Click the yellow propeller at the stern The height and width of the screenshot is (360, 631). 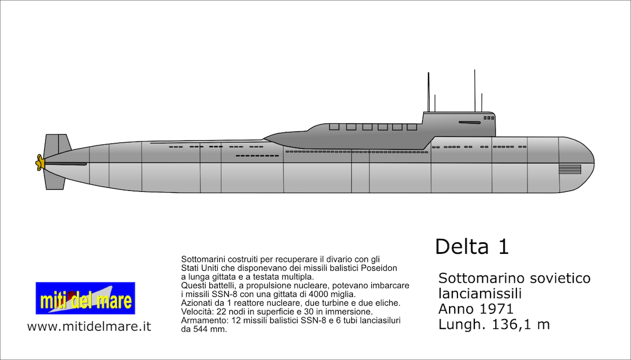[x=39, y=162]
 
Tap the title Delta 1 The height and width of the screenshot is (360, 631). [x=472, y=246]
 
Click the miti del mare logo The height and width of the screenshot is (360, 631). [x=85, y=299]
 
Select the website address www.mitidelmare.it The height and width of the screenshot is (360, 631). [x=89, y=326]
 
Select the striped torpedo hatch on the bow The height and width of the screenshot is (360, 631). [x=569, y=169]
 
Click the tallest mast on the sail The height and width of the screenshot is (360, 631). [x=475, y=90]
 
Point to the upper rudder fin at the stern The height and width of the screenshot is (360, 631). [x=57, y=144]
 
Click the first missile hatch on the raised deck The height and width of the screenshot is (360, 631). [x=334, y=127]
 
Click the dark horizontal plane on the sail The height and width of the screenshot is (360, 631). [x=469, y=122]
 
